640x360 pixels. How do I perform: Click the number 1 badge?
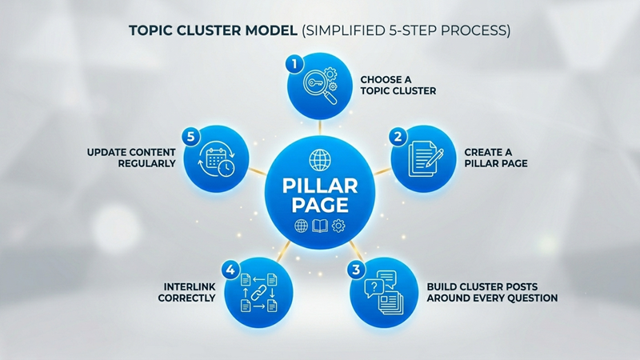point(294,64)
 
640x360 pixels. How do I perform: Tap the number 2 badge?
point(398,137)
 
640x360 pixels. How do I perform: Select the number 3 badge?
point(356,270)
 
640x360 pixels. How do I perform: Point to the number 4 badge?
point(230,270)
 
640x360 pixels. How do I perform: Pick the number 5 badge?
point(190,137)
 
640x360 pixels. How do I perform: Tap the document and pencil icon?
point(426,158)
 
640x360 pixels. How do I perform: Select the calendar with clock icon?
point(217,159)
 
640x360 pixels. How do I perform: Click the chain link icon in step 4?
point(258,293)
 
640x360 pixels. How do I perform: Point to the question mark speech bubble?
point(374,288)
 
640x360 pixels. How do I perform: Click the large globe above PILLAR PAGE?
point(320,160)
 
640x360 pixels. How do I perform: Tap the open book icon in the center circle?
point(319,226)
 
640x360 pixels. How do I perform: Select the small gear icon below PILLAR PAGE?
point(338,226)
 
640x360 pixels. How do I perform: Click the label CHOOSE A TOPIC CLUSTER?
point(398,86)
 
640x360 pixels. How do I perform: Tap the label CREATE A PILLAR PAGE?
point(496,158)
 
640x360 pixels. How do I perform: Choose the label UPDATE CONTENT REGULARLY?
point(131,158)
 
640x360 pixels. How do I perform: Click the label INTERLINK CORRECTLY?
point(187,293)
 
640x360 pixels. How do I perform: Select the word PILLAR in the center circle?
point(320,186)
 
